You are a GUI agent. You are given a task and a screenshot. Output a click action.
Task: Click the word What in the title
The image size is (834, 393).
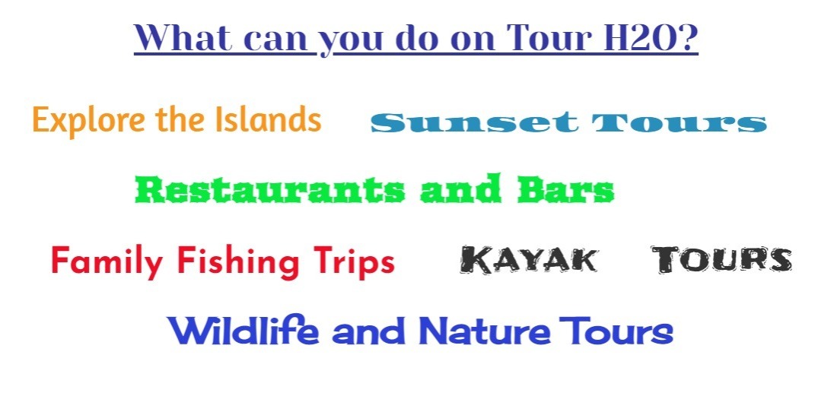coord(183,36)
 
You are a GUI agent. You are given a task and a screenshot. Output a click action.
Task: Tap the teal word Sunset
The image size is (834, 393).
coord(474,123)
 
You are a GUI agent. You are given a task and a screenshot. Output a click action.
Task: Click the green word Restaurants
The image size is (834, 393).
coord(269,189)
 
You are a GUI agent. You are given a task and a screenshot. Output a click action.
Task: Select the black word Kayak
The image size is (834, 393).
coord(529,260)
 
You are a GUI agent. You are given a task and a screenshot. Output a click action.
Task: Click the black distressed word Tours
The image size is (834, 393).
coord(722,260)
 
